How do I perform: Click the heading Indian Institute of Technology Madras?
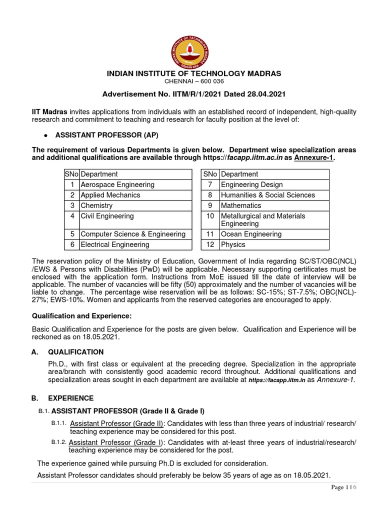pos(194,73)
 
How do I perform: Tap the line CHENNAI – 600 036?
pos(194,81)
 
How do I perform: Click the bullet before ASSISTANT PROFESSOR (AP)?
pos(45,135)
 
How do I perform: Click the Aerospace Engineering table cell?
pos(117,184)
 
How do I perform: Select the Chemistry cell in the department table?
pos(96,205)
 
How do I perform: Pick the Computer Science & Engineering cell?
pos(132,234)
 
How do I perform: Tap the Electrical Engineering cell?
pos(115,244)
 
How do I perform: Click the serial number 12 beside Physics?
pos(210,244)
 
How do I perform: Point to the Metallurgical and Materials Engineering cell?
pos(263,220)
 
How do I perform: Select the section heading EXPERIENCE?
pos(70,398)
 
